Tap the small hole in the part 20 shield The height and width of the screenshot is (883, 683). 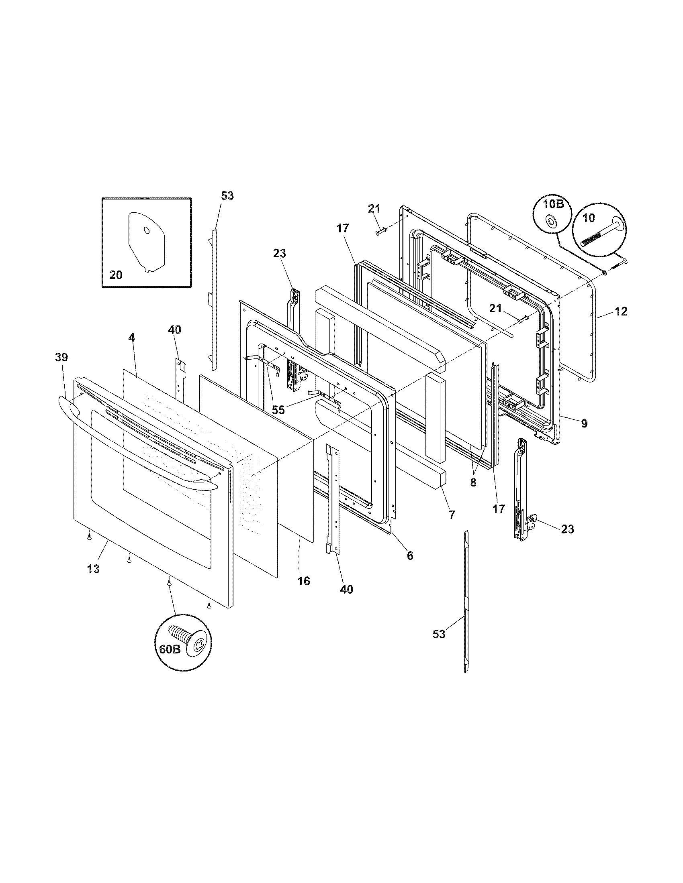(147, 230)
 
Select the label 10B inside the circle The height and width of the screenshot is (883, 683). (553, 204)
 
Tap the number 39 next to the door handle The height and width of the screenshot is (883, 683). (61, 357)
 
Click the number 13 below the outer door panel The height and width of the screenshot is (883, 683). (93, 569)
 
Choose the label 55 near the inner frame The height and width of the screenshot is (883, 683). (278, 410)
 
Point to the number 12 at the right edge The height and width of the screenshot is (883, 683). (621, 311)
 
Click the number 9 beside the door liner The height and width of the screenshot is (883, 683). (584, 423)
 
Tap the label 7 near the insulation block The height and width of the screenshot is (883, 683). (452, 515)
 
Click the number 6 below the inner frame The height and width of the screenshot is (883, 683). (410, 555)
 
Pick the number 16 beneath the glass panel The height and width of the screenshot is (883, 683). (303, 581)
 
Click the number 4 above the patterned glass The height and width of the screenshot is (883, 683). (131, 348)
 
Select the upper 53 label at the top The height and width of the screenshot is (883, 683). (227, 196)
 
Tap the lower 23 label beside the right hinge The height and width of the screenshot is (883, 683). (567, 529)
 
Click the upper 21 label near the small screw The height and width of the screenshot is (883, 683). (374, 209)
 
